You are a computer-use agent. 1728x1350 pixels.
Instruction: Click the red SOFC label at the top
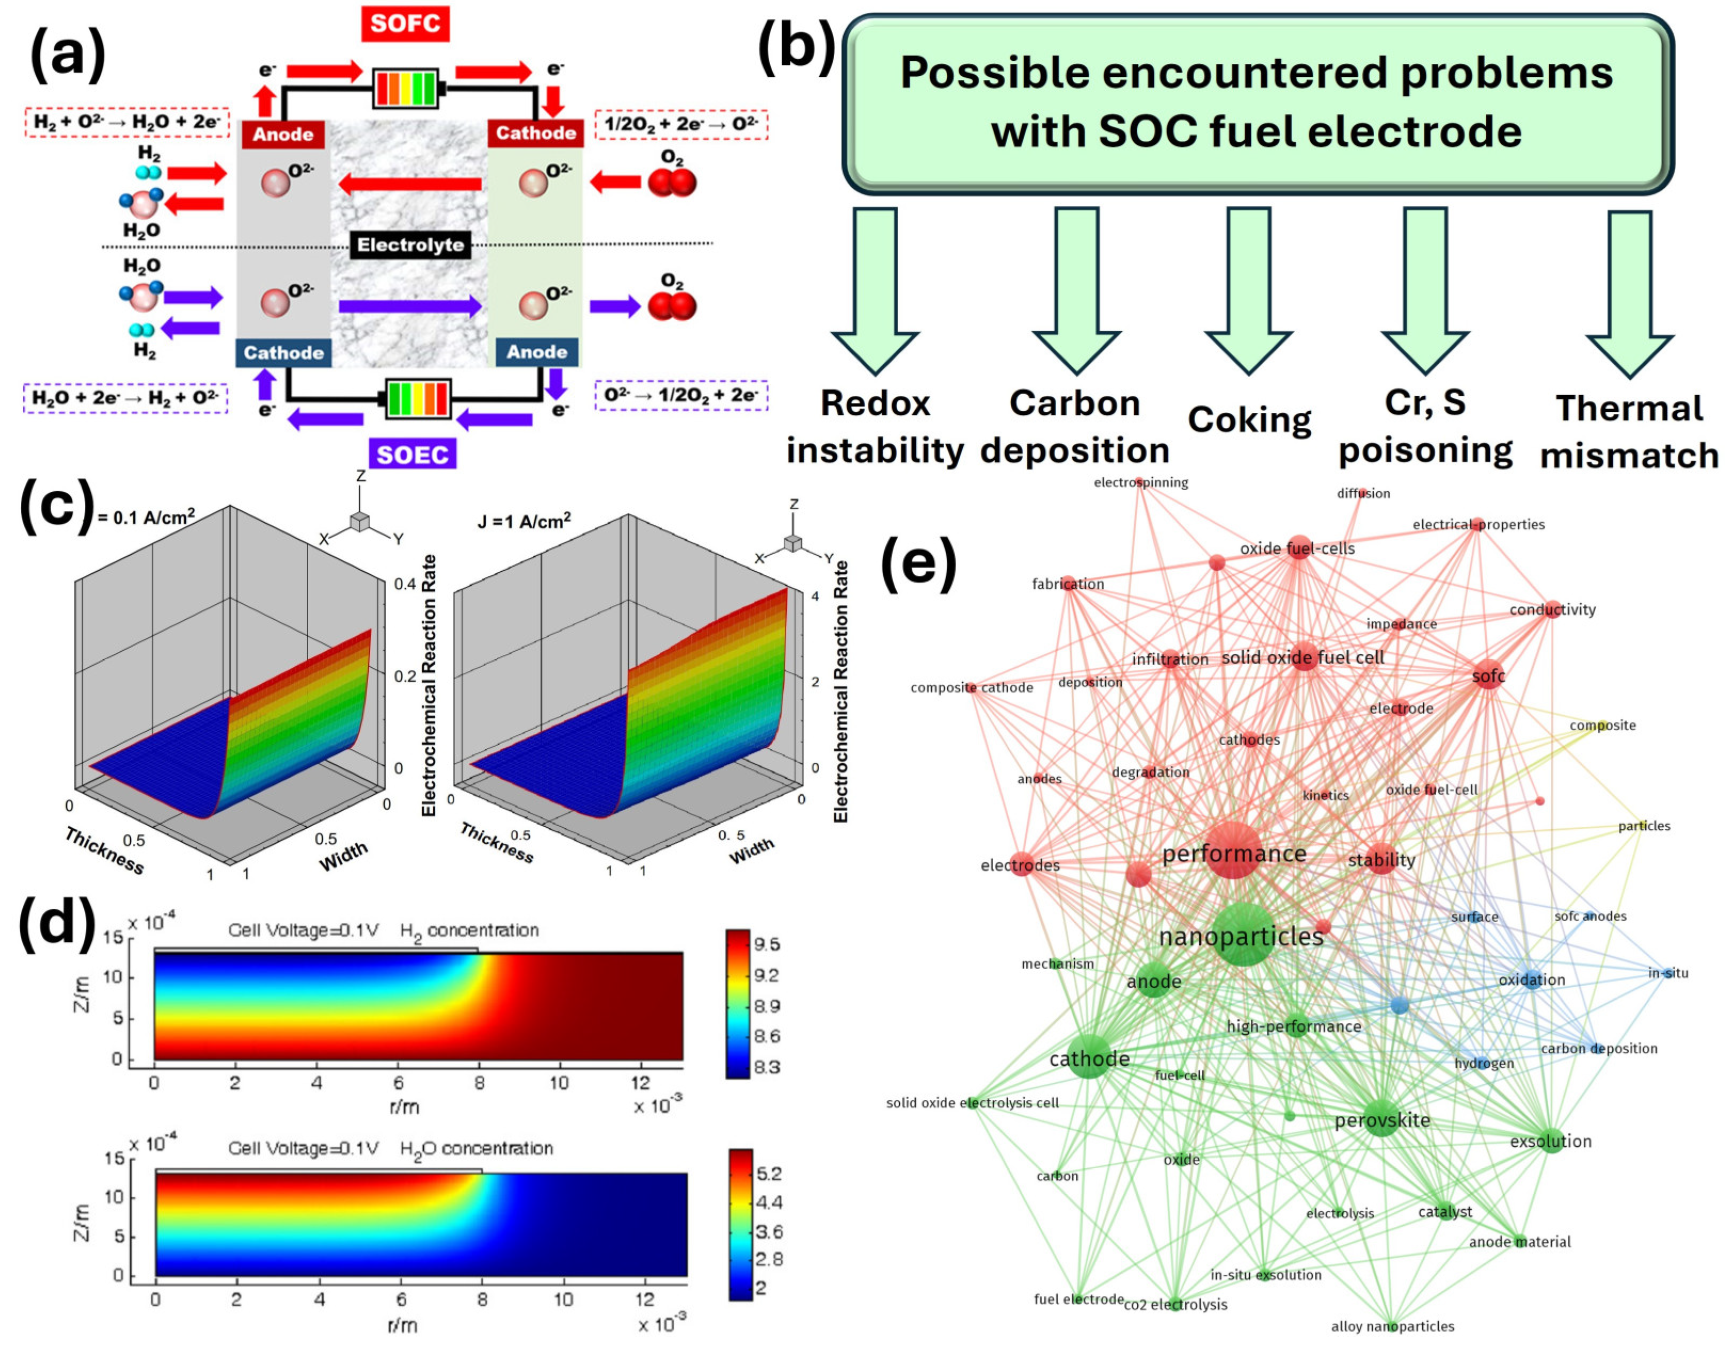click(x=405, y=23)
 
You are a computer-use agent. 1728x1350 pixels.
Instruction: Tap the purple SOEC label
click(x=412, y=455)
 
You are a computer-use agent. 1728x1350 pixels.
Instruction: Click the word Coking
click(x=1249, y=419)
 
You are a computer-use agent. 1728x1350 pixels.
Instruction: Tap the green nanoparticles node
click(x=1243, y=935)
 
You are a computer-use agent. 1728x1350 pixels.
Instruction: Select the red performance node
click(x=1233, y=850)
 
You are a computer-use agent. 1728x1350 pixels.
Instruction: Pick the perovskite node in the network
click(x=1382, y=1119)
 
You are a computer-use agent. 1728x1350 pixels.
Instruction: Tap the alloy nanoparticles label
click(x=1392, y=1327)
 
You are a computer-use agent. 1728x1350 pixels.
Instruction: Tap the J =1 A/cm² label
click(x=524, y=522)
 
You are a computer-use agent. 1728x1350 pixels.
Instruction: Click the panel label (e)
click(x=918, y=563)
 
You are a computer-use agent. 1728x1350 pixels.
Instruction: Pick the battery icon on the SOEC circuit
click(x=418, y=398)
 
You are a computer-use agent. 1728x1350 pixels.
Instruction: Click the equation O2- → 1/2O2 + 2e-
click(x=680, y=395)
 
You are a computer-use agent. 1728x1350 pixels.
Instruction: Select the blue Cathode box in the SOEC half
click(x=283, y=353)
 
